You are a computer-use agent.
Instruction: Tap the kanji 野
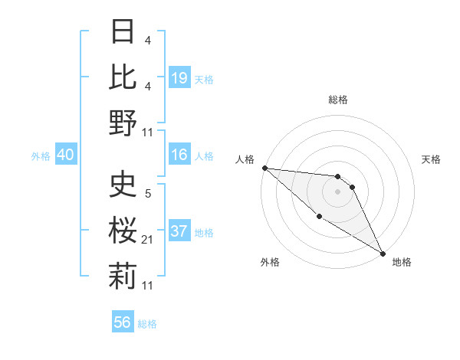(x=123, y=123)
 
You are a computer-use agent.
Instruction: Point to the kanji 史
(x=123, y=185)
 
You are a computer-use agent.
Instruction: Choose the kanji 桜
(x=123, y=230)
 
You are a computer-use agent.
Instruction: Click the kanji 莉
(x=123, y=275)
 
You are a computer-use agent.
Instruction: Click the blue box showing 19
(x=179, y=77)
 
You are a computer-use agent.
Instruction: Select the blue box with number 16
(x=179, y=155)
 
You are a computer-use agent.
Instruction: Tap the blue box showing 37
(x=179, y=231)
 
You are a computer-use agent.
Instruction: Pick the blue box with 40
(x=65, y=155)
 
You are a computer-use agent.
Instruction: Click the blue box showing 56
(x=123, y=322)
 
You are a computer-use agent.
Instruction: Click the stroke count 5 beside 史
(x=147, y=194)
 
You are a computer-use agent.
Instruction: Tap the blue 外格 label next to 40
(x=41, y=155)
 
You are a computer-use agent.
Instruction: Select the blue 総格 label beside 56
(x=147, y=323)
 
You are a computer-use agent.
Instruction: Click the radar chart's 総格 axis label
(x=338, y=100)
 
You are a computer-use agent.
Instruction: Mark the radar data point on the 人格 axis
(x=264, y=168)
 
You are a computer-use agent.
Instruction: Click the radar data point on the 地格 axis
(x=382, y=253)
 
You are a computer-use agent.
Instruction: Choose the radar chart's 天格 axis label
(x=431, y=159)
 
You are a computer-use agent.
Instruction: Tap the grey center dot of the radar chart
(x=338, y=191)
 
